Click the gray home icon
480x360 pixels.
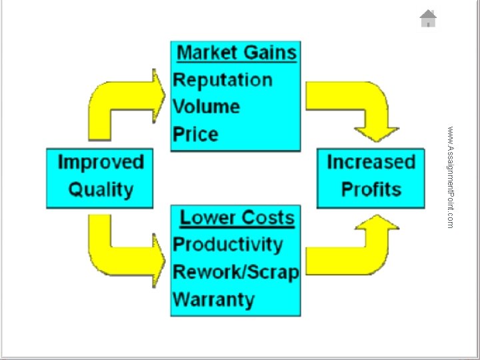[x=428, y=19]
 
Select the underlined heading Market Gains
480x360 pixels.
[x=237, y=53]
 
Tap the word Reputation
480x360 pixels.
[x=223, y=81]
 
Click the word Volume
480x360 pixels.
[x=206, y=107]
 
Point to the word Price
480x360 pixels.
[x=195, y=134]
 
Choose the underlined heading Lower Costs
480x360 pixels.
[x=237, y=217]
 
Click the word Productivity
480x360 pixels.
[x=228, y=245]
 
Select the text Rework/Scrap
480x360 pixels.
[x=236, y=272]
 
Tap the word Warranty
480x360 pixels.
[x=214, y=300]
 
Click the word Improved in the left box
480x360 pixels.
[x=101, y=162]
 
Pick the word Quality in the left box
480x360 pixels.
[x=101, y=190]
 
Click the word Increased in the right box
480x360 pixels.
[x=371, y=162]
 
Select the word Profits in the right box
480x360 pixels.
[x=371, y=189]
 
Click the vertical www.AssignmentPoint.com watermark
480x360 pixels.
[x=450, y=177]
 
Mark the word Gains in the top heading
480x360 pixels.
[x=265, y=53]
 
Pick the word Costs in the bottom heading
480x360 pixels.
[x=269, y=217]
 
